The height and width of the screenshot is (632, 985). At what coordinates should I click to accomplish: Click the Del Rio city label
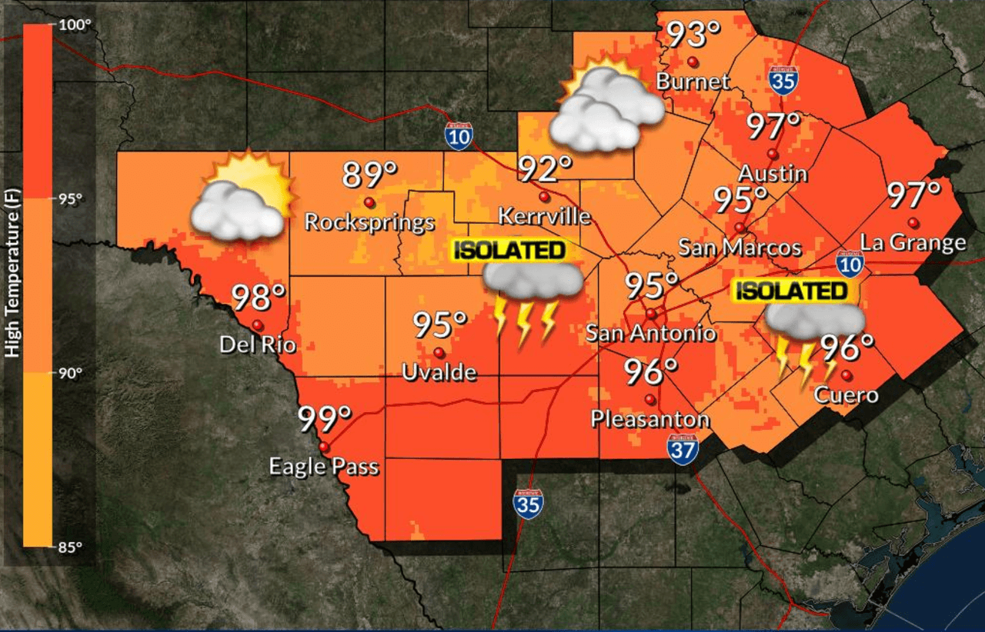pos(257,344)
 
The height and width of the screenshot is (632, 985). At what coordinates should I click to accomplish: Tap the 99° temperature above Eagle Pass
pos(325,420)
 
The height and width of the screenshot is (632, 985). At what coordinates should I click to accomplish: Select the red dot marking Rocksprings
pos(369,202)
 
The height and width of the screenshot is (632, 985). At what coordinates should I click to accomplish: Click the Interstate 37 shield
pos(683,450)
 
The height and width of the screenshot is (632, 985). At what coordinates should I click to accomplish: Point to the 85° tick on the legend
pos(72,547)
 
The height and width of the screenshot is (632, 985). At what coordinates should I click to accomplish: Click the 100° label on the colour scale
pos(75,25)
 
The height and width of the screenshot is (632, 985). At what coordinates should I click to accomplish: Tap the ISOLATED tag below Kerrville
pos(509,250)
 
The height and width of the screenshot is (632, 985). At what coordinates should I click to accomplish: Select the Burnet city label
pos(693,81)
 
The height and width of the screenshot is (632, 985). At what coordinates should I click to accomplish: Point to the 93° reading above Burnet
pos(693,35)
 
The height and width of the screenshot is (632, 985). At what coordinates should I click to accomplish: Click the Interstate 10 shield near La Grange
pos(849,262)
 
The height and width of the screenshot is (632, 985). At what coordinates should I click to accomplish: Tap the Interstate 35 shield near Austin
pos(782,80)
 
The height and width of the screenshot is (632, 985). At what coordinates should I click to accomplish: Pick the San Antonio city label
pos(651,333)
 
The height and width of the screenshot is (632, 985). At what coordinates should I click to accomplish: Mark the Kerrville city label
pos(544,215)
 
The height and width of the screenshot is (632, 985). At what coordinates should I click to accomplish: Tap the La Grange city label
pos(913,243)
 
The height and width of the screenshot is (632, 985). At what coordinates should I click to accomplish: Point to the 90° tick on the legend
pos(72,374)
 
